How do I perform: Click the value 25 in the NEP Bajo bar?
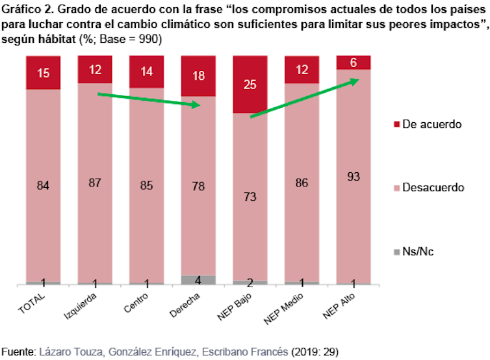coord(250,84)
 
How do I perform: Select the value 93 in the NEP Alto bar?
coord(354,176)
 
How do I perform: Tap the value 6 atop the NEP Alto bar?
coord(354,63)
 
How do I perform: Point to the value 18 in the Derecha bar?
coord(198,75)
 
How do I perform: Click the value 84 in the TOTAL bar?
coord(43,186)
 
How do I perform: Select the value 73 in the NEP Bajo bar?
coord(250,198)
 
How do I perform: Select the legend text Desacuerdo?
coord(433,187)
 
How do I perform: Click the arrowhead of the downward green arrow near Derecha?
coord(197,105)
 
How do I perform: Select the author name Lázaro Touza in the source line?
coord(70,351)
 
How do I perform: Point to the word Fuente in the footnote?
coord(18,351)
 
